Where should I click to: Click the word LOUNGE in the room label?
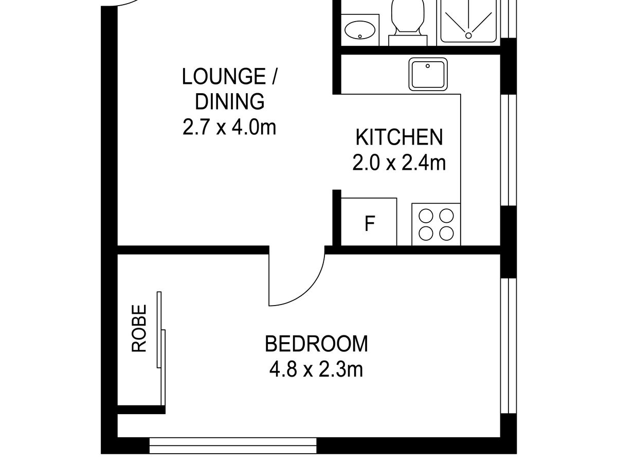pyautogui.click(x=222, y=77)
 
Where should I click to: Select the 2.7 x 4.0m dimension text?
pyautogui.click(x=229, y=127)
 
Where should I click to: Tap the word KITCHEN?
pyautogui.click(x=399, y=138)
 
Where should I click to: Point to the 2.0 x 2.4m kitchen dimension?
pyautogui.click(x=399, y=163)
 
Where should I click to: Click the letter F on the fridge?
pyautogui.click(x=369, y=224)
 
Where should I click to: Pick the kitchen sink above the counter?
pyautogui.click(x=428, y=74)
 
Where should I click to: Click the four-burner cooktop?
pyautogui.click(x=436, y=224)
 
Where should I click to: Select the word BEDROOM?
pyautogui.click(x=316, y=344)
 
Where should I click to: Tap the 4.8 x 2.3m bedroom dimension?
pyautogui.click(x=316, y=369)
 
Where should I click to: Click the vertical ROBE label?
pyautogui.click(x=139, y=328)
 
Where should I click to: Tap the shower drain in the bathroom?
pyautogui.click(x=468, y=35)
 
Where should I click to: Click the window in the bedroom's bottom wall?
pyautogui.click(x=233, y=445)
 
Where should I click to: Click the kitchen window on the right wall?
pyautogui.click(x=507, y=149)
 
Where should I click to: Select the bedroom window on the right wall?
pyautogui.click(x=507, y=346)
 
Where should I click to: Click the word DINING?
pyautogui.click(x=230, y=101)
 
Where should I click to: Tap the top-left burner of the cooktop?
pyautogui.click(x=426, y=215)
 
